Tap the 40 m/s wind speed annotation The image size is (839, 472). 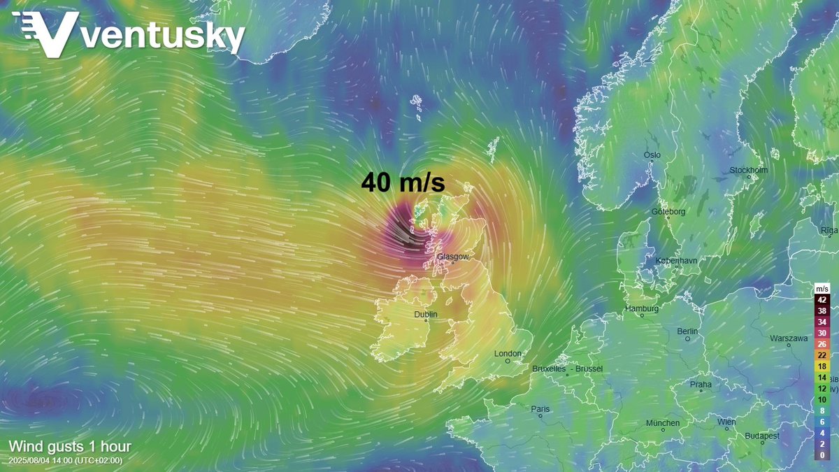pyautogui.click(x=403, y=183)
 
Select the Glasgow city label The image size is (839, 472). pyautogui.click(x=452, y=257)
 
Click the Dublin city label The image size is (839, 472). pyautogui.click(x=426, y=315)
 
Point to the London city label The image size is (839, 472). pyautogui.click(x=508, y=354)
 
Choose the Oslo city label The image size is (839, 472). pyautogui.click(x=652, y=155)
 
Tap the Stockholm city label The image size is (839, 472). pyautogui.click(x=748, y=170)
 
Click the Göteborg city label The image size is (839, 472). pyautogui.click(x=669, y=211)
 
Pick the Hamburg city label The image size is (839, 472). pyautogui.click(x=643, y=308)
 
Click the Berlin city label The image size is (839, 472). pyautogui.click(x=687, y=331)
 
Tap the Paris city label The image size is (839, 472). pyautogui.click(x=540, y=409)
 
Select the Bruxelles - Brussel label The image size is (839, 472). pyautogui.click(x=567, y=369)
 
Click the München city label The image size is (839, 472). pyautogui.click(x=662, y=423)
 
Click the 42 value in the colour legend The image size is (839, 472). pyautogui.click(x=822, y=299)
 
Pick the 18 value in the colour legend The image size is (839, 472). pyautogui.click(x=822, y=366)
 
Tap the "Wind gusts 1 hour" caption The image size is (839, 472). pyautogui.click(x=70, y=446)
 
